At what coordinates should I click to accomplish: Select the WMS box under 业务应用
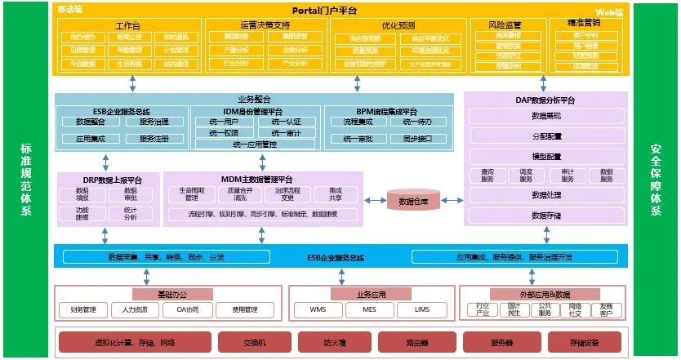coord(319,310)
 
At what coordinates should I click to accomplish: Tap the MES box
coord(371,310)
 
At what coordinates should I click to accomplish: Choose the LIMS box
coord(421,310)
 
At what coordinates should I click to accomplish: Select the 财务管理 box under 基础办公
coord(83,310)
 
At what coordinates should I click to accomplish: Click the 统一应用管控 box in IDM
coord(254,144)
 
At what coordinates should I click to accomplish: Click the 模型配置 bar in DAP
coord(546,156)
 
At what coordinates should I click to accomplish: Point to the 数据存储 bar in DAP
coord(546,216)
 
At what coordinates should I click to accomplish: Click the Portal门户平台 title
coord(336,11)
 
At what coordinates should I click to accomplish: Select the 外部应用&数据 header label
coord(543,292)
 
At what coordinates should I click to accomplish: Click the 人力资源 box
coord(135,310)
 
